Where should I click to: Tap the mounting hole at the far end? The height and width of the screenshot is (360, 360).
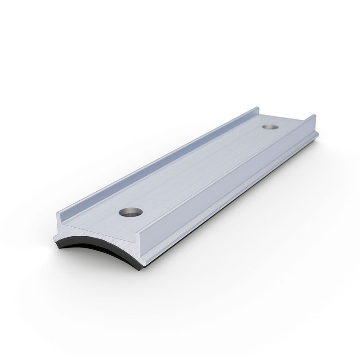coord(271,127)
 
